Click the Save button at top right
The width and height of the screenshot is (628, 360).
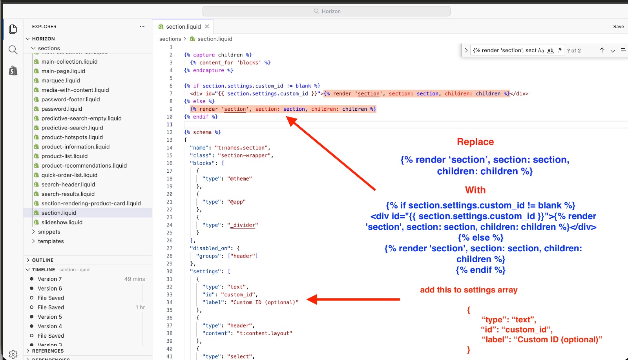tap(618, 27)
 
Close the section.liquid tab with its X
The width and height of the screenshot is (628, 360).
tap(207, 26)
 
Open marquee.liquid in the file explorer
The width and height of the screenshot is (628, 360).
tap(60, 80)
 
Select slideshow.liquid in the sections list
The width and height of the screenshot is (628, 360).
tap(62, 222)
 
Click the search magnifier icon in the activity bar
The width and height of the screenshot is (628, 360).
tap(13, 50)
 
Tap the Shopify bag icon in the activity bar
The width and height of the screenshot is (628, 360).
tap(13, 71)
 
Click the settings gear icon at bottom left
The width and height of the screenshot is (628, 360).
tap(13, 354)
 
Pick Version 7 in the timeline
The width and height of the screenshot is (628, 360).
tap(49, 279)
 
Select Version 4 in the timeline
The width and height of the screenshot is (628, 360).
tap(49, 326)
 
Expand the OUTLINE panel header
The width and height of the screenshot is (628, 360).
tap(43, 260)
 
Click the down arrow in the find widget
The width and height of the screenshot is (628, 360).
tap(613, 50)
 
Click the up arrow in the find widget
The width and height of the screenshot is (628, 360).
tap(602, 50)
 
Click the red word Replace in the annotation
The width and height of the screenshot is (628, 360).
tap(475, 142)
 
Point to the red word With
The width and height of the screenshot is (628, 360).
tap(475, 190)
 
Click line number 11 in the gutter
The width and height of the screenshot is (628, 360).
tap(170, 124)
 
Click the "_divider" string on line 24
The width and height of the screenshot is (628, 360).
tap(243, 225)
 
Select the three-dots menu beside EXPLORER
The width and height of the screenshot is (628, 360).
tap(142, 26)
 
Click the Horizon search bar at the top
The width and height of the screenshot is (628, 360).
tap(326, 11)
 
